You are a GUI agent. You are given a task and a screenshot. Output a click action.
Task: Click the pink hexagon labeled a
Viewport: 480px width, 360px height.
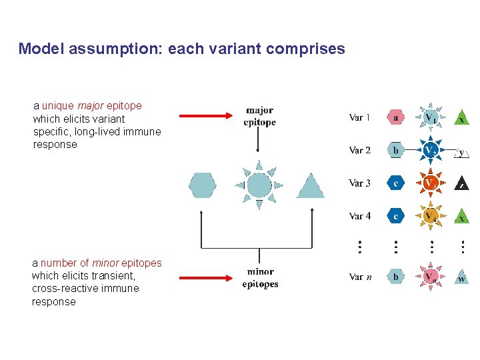(396, 117)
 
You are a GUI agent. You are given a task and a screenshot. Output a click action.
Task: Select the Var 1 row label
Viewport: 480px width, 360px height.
(360, 118)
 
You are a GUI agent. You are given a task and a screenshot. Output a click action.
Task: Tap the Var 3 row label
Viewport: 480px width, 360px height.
(360, 183)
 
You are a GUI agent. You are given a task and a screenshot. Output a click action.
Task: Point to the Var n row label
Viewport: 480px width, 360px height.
(361, 276)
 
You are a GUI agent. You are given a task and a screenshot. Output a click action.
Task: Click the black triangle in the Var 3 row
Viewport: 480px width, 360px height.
(462, 183)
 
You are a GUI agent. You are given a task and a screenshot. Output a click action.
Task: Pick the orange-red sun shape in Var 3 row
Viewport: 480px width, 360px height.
(431, 182)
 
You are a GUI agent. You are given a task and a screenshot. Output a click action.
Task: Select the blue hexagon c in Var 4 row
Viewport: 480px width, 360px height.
(396, 216)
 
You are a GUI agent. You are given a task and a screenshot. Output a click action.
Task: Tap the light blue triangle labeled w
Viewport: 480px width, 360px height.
(462, 277)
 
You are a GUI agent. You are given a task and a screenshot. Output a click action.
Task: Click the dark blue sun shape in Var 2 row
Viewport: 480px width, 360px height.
(431, 150)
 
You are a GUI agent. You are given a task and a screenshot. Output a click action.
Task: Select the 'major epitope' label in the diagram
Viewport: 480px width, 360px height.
(259, 117)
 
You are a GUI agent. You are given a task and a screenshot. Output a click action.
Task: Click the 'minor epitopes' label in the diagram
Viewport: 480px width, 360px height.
(260, 278)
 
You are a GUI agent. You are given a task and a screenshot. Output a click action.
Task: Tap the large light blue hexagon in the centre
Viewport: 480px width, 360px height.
(203, 185)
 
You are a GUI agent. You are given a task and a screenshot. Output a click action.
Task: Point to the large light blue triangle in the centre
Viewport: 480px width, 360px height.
(310, 187)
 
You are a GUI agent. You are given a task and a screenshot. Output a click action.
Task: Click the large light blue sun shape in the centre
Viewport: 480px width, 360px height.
(259, 185)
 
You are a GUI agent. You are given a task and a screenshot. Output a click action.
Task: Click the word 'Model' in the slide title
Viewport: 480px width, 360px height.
(37, 49)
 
